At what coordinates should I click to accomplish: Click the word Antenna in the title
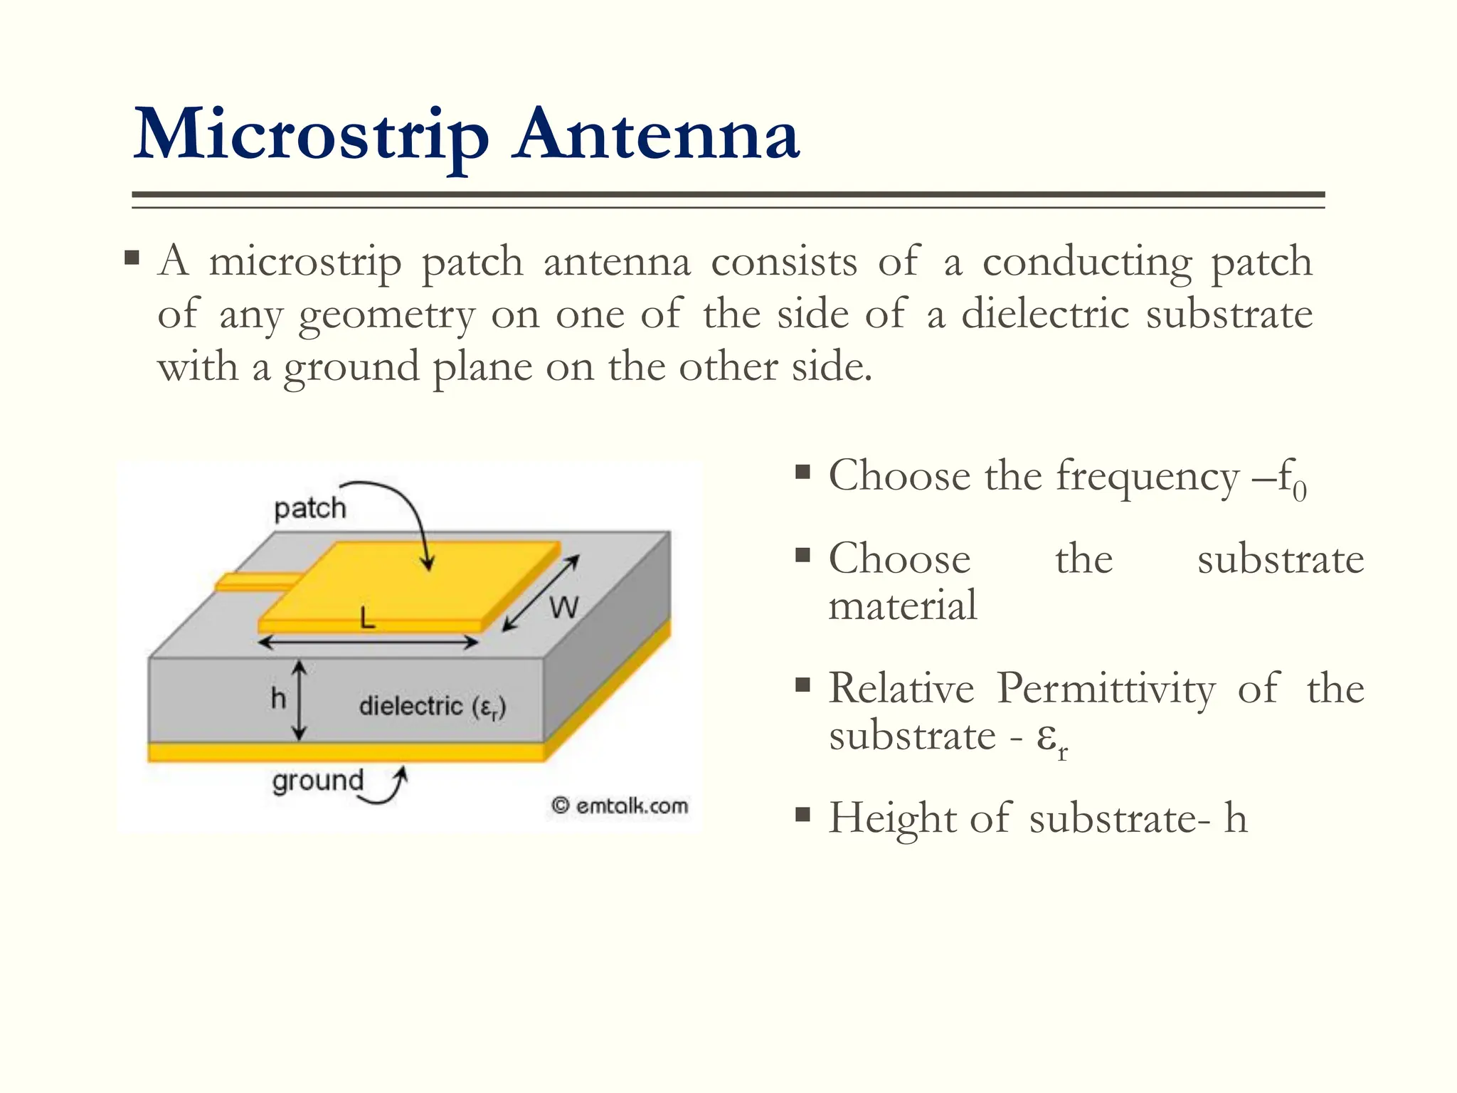(657, 135)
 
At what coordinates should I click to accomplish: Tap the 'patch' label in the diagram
(309, 508)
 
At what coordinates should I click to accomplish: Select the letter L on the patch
(367, 618)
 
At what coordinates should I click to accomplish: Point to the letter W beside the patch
(563, 608)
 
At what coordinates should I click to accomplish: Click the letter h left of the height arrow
(278, 699)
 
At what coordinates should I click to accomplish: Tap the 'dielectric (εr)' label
(432, 707)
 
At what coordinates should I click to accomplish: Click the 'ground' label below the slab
(317, 781)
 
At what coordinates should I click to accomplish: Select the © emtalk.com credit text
(620, 806)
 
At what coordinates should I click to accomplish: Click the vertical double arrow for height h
(300, 699)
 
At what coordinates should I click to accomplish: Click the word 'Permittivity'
(1106, 689)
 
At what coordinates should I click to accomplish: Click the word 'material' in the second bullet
(902, 606)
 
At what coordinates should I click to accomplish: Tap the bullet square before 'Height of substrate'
(802, 814)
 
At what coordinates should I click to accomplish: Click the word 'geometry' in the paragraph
(386, 315)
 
